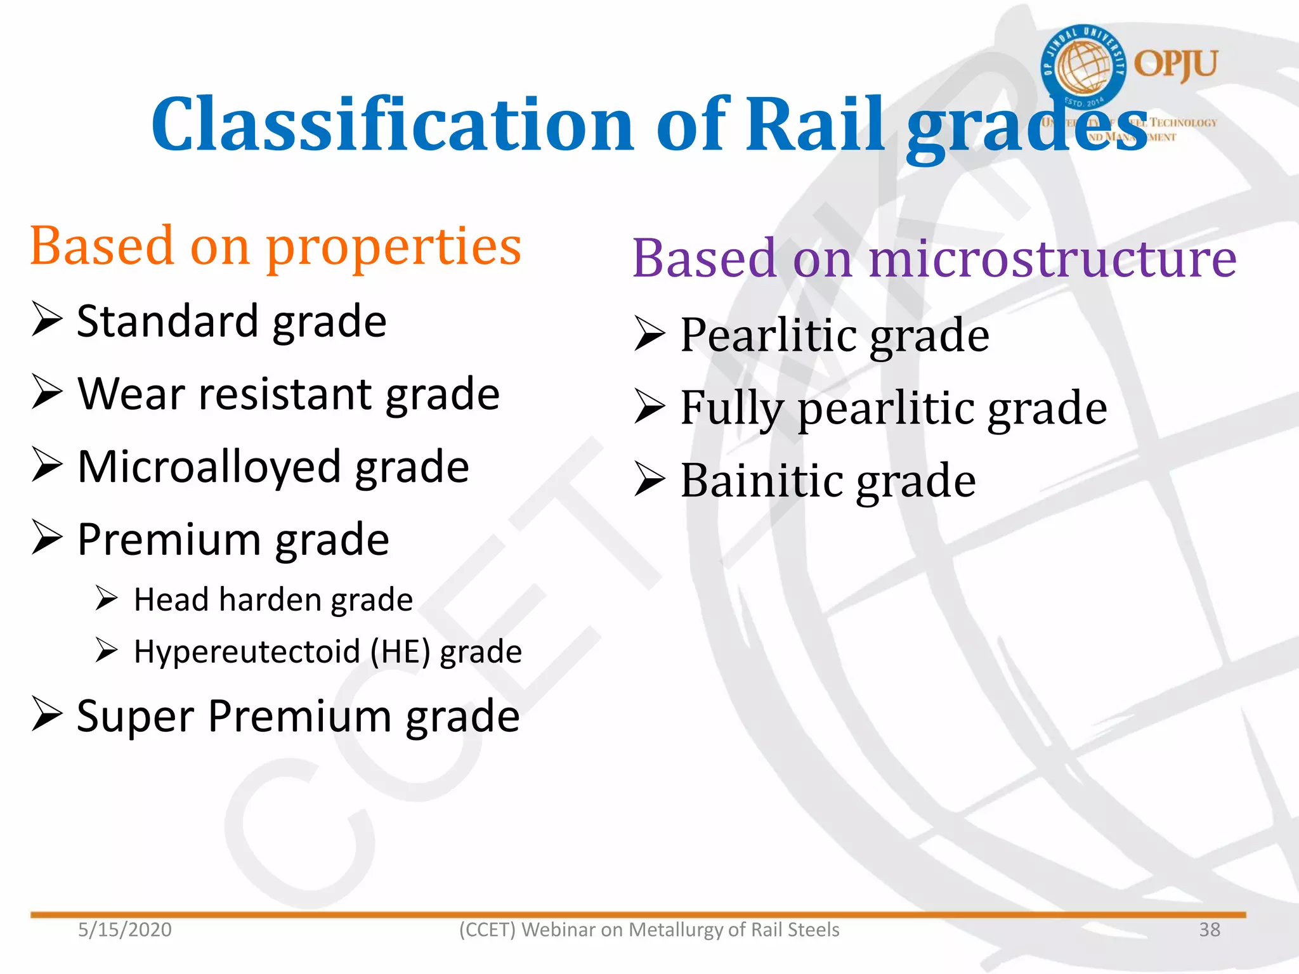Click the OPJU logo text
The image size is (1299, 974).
point(1175,64)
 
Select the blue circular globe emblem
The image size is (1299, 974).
point(1083,66)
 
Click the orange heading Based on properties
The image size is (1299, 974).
point(275,247)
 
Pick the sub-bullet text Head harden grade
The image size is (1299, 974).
point(273,600)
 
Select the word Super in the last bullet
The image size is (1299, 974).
point(135,717)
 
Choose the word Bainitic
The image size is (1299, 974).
point(761,481)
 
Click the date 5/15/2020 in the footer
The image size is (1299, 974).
point(125,930)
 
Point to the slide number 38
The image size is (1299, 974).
point(1209,930)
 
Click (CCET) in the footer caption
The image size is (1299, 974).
point(487,930)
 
